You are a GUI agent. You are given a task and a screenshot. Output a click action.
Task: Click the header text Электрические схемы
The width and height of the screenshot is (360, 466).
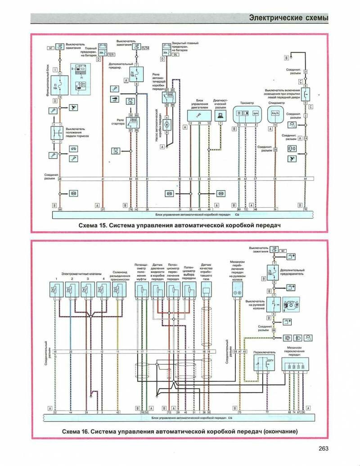coord(288,18)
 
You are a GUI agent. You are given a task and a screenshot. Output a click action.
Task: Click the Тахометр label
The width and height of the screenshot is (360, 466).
coord(247,103)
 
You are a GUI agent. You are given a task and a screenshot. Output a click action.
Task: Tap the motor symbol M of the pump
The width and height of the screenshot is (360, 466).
coord(166,122)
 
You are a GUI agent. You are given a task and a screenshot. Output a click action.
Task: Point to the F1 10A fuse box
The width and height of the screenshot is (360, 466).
coord(60,85)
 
